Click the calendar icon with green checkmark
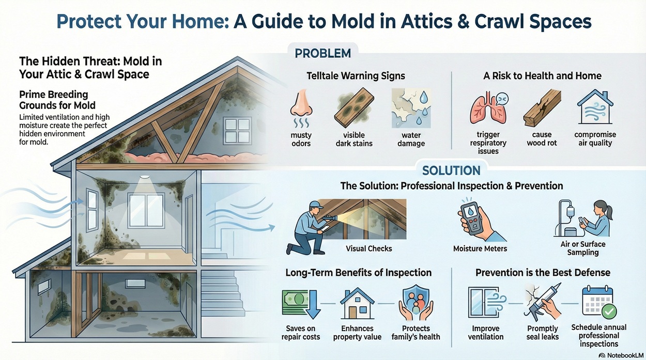coord(598,305)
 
